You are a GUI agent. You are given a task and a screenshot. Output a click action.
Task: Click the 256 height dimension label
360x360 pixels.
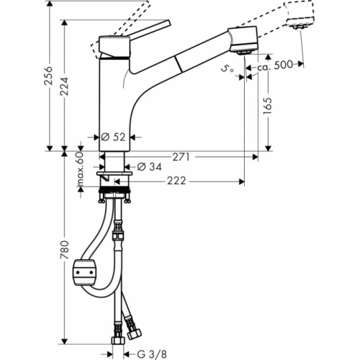point(48,76)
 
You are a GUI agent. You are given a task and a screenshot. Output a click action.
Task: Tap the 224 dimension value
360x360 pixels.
point(64,86)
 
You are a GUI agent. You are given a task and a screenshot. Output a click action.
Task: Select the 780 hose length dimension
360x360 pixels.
point(65,250)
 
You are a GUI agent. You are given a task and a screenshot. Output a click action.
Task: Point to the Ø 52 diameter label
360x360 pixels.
point(113,137)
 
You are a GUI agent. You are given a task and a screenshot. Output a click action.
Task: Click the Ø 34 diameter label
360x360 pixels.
point(149,166)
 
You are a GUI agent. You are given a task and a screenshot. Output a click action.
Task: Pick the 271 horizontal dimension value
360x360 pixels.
point(181,157)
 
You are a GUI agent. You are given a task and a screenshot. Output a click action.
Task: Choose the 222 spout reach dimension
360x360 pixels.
point(176,181)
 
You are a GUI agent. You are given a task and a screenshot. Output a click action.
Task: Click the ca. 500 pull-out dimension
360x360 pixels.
point(275,65)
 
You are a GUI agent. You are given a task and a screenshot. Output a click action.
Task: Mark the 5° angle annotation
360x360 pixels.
point(227,69)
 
